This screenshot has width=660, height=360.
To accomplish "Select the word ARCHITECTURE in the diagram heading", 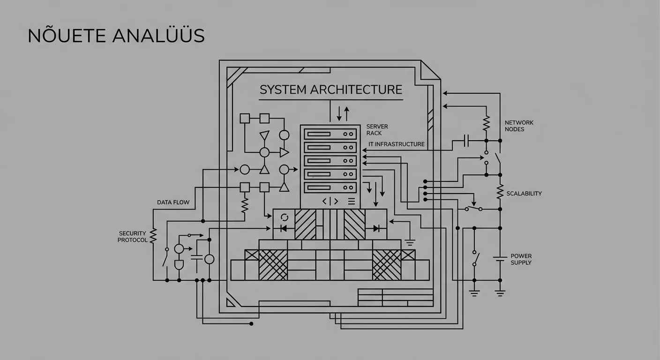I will (x=356, y=89).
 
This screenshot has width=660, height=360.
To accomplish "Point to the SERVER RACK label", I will (x=377, y=130).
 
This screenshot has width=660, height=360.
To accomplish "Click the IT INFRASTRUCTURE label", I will (x=397, y=144).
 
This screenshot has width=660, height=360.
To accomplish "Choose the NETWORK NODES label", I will (x=519, y=126).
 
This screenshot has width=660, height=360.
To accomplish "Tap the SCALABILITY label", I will (x=524, y=193).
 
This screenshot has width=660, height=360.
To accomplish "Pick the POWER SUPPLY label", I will (x=521, y=259).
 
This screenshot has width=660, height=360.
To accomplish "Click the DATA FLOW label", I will (x=173, y=202).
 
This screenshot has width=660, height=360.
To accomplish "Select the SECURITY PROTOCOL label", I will (x=133, y=237).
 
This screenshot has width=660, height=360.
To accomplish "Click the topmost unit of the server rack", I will (x=330, y=134).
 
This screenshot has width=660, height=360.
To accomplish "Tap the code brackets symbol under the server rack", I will (x=330, y=202).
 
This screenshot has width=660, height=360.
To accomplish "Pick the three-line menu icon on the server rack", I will (x=352, y=202).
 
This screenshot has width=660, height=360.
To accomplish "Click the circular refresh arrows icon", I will (x=284, y=217).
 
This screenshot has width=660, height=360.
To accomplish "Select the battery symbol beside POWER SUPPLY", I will (x=500, y=258).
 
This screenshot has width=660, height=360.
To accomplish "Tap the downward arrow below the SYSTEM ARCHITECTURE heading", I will (x=338, y=113).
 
